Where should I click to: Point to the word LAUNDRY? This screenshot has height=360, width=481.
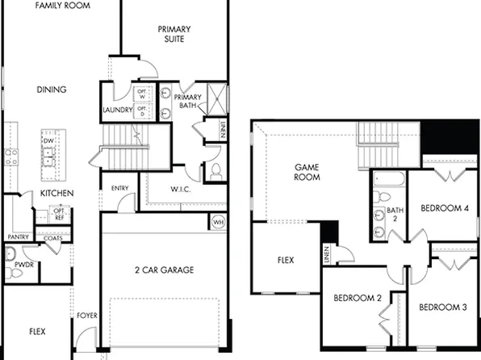coord(117,110)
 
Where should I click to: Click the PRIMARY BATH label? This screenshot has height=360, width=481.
coord(186,102)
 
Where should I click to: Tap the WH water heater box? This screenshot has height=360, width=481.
coord(218,221)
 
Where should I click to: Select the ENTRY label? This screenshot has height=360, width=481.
coord(120,189)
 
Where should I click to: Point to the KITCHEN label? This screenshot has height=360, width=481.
coord(57,194)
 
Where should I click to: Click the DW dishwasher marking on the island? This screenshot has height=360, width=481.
coord(48,140)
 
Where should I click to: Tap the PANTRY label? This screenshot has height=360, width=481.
coord(18,237)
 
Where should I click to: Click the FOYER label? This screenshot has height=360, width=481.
coord(86,316)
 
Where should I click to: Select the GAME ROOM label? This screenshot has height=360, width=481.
coord(307,172)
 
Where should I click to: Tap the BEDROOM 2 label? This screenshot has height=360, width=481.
coord(358,298)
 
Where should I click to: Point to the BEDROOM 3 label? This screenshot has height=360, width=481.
coord(443,307)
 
